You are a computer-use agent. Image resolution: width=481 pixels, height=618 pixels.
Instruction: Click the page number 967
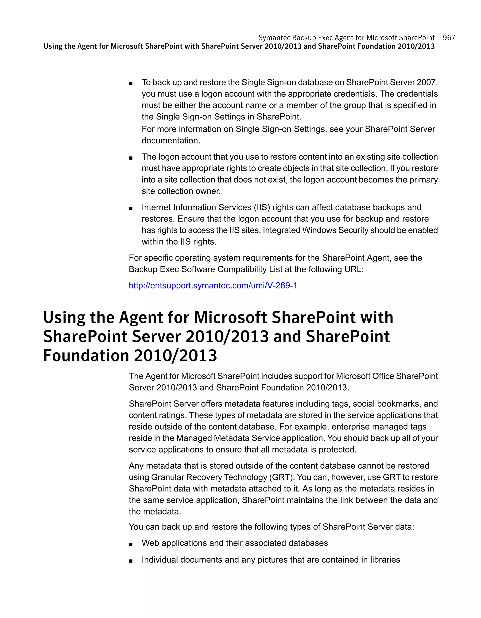click(449, 38)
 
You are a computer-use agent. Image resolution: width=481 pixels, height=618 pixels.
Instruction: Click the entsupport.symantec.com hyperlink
click(213, 285)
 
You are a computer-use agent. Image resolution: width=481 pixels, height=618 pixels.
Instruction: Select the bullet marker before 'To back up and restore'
click(131, 84)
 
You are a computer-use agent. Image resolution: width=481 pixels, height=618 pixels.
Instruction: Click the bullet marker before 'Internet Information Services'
click(131, 209)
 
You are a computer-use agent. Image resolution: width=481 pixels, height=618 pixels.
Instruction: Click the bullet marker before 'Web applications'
click(131, 544)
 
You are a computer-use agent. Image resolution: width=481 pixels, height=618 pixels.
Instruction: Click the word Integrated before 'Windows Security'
click(281, 230)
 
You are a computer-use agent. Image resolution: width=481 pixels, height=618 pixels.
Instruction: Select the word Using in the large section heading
click(64, 318)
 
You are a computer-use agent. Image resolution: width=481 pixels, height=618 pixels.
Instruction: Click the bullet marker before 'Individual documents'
click(131, 561)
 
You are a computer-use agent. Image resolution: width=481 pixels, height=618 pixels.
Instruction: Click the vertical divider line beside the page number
click(439, 43)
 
